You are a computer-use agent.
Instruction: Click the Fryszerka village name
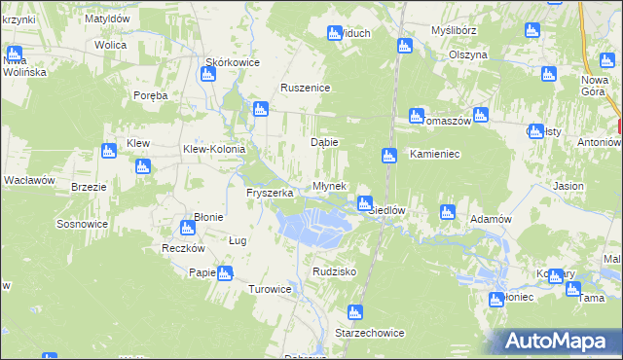tap(270, 193)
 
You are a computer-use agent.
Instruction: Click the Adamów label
tap(491, 219)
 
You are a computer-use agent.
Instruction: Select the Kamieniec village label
tap(434, 154)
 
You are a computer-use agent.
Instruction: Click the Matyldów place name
tap(108, 18)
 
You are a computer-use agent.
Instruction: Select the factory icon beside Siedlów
tap(365, 203)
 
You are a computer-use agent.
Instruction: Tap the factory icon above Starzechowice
tap(355, 312)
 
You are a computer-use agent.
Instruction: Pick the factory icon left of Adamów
tap(448, 211)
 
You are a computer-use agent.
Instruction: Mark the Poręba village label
tap(151, 95)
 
